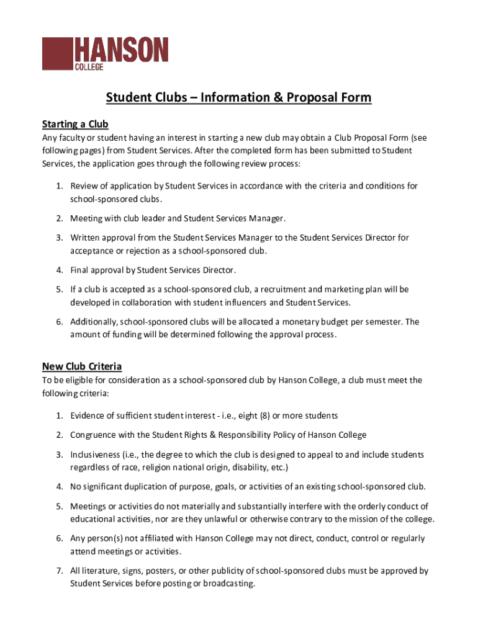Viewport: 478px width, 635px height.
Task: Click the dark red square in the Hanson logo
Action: [x=57, y=53]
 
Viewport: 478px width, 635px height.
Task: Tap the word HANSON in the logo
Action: [x=122, y=50]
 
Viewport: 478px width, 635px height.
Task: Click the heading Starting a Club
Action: [x=75, y=123]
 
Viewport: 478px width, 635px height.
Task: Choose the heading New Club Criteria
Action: [x=82, y=366]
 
